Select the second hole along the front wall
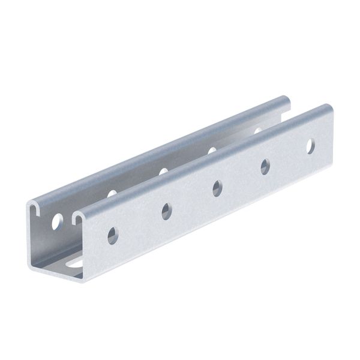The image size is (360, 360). (x=166, y=211)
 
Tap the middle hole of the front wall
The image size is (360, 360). (x=217, y=188)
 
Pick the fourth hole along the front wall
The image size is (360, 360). (x=265, y=166)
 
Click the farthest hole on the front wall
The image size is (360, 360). (x=310, y=145)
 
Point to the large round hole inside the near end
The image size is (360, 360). (x=57, y=223)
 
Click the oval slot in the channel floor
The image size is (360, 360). (x=74, y=263)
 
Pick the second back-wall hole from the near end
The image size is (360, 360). (x=112, y=194)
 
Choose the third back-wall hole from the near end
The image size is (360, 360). (x=163, y=171)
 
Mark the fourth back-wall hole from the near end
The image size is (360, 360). (x=212, y=150)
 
